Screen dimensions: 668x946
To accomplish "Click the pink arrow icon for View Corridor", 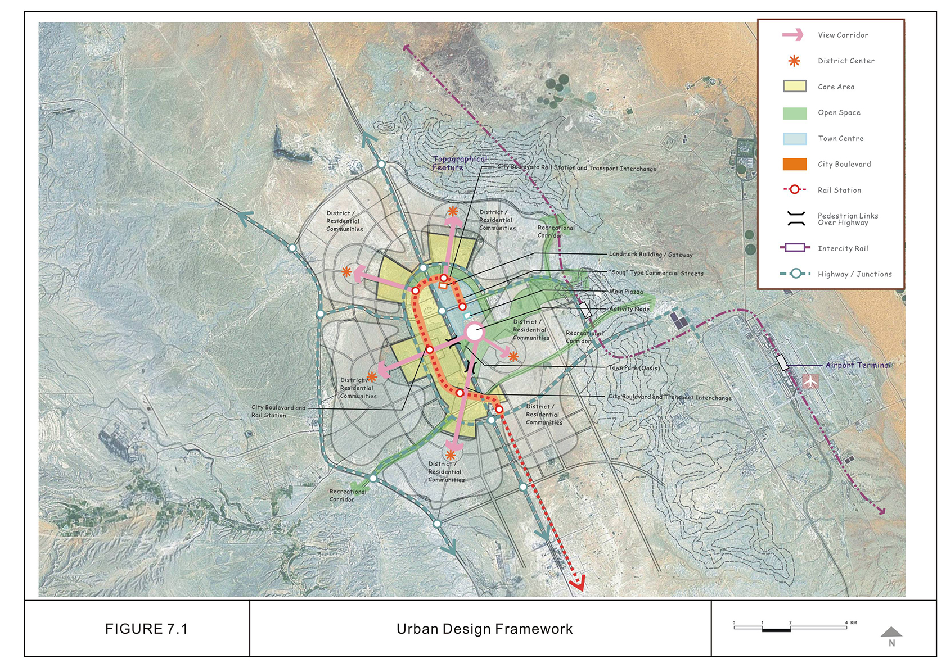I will coord(793,35).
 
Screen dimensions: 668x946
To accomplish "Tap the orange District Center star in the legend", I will coord(794,61).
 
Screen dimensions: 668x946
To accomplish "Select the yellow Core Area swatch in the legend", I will coord(794,87).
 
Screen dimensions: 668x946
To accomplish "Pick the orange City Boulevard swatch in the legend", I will coord(794,164).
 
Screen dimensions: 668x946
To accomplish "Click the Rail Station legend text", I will coord(839,190).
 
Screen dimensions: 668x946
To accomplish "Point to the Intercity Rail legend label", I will coord(843,248).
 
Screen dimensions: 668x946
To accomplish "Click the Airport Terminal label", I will coord(858,365).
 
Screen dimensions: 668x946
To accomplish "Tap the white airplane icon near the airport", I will coord(810,381).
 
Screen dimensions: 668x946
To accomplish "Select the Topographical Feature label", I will coord(459,163).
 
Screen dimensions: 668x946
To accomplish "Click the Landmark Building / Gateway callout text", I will coord(651,255).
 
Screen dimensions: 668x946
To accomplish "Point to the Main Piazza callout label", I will coord(626,292).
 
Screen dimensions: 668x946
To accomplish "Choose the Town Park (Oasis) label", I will coord(634,368).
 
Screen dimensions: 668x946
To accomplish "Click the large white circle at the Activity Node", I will coord(474,332).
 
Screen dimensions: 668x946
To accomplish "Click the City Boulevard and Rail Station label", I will coord(278,411).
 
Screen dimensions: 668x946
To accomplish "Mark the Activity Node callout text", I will coord(629,309).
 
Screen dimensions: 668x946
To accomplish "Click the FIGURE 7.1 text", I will coord(146,629).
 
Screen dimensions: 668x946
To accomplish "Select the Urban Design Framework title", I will coord(484,629).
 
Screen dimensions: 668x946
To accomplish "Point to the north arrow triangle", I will coord(891,631).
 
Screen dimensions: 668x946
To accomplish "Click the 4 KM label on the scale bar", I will coord(850,622).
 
